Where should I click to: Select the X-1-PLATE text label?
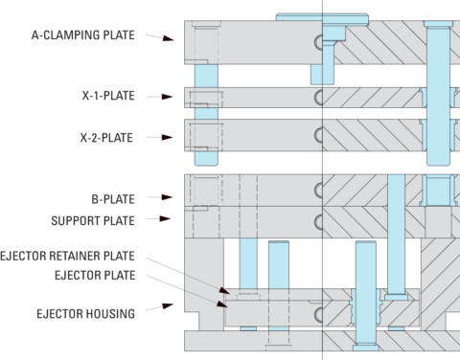[108, 97]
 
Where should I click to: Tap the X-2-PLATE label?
[108, 138]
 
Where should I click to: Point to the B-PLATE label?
[113, 199]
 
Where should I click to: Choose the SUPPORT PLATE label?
[93, 220]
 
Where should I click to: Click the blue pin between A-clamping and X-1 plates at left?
[206, 74]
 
